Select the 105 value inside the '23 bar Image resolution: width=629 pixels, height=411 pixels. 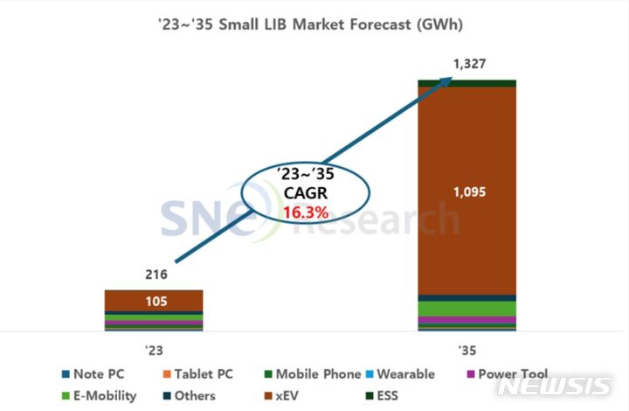coord(154,302)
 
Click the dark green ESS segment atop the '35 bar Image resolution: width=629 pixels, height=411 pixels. coord(467,83)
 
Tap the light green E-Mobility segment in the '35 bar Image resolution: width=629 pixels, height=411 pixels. coord(467,309)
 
